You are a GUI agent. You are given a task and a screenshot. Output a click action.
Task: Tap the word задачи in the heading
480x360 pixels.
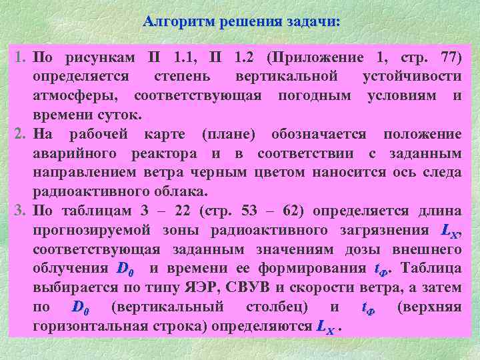[313, 22]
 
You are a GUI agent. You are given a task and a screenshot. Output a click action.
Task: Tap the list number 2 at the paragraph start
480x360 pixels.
[21, 135]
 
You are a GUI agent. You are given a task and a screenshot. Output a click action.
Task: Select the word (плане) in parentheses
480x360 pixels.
[228, 135]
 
